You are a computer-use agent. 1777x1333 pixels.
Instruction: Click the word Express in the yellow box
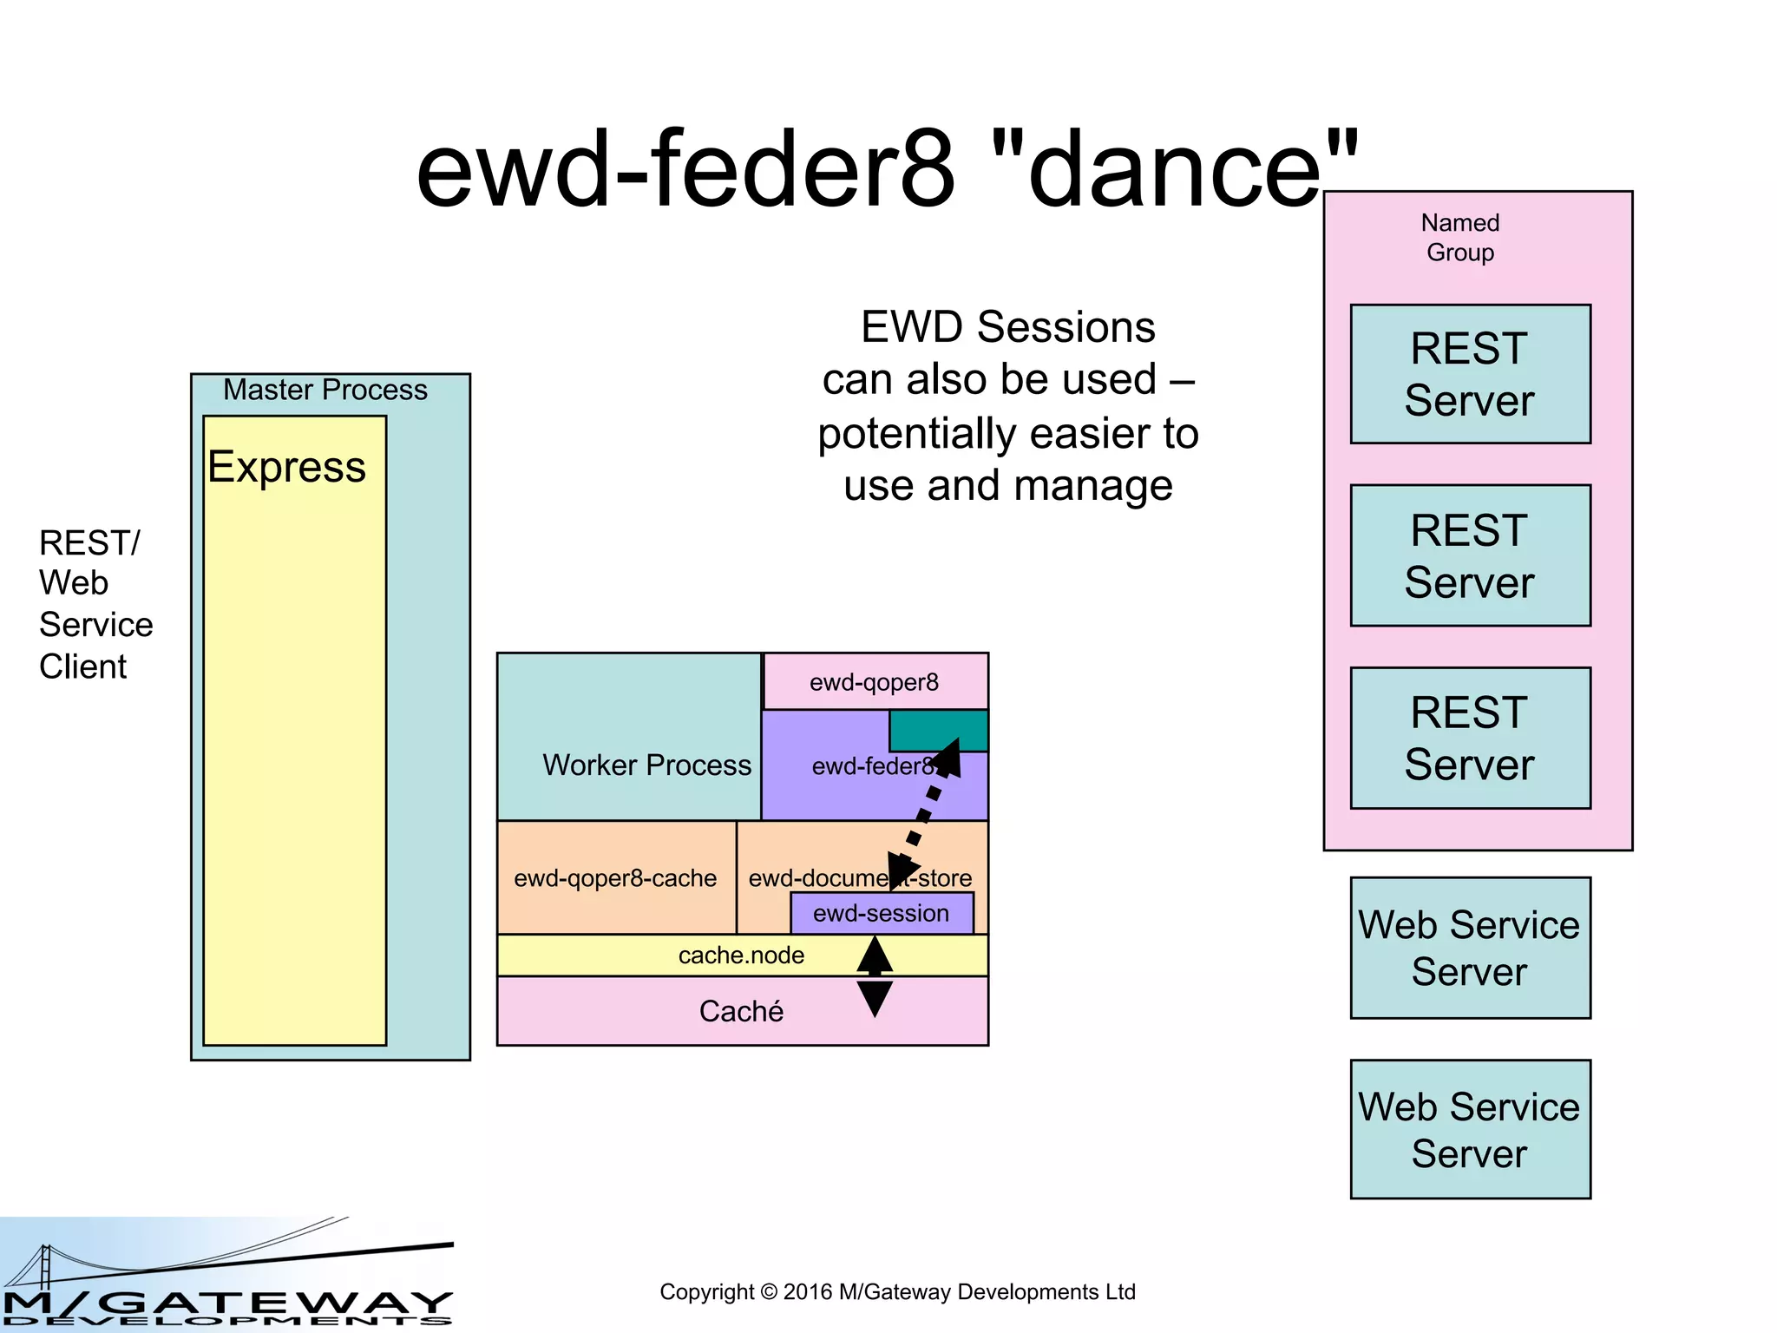(x=286, y=467)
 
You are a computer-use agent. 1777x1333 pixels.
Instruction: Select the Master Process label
(x=325, y=390)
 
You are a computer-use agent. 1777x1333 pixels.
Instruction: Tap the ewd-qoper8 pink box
(x=875, y=682)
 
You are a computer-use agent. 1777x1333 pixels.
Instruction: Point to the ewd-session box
(x=881, y=914)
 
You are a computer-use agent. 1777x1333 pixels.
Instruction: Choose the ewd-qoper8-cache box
(x=615, y=878)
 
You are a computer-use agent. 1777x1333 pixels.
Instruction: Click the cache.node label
(x=741, y=955)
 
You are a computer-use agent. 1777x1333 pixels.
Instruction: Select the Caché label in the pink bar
(x=741, y=1011)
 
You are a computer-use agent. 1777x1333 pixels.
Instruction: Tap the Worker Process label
(x=646, y=765)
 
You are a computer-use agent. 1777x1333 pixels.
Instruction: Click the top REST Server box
(x=1470, y=374)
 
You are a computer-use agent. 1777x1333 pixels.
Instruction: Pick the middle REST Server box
(x=1470, y=555)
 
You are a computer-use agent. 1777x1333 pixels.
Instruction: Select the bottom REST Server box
(x=1470, y=738)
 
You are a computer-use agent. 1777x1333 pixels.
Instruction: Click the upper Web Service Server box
(x=1470, y=948)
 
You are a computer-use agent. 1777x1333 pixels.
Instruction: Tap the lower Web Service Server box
(x=1470, y=1129)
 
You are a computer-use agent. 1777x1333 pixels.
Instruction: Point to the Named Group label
(x=1460, y=237)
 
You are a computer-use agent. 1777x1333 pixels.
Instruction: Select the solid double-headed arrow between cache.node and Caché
(x=875, y=977)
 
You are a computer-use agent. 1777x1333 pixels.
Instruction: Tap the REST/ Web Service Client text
(x=95, y=604)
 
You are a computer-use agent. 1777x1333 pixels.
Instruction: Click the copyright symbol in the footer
(x=769, y=1292)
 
